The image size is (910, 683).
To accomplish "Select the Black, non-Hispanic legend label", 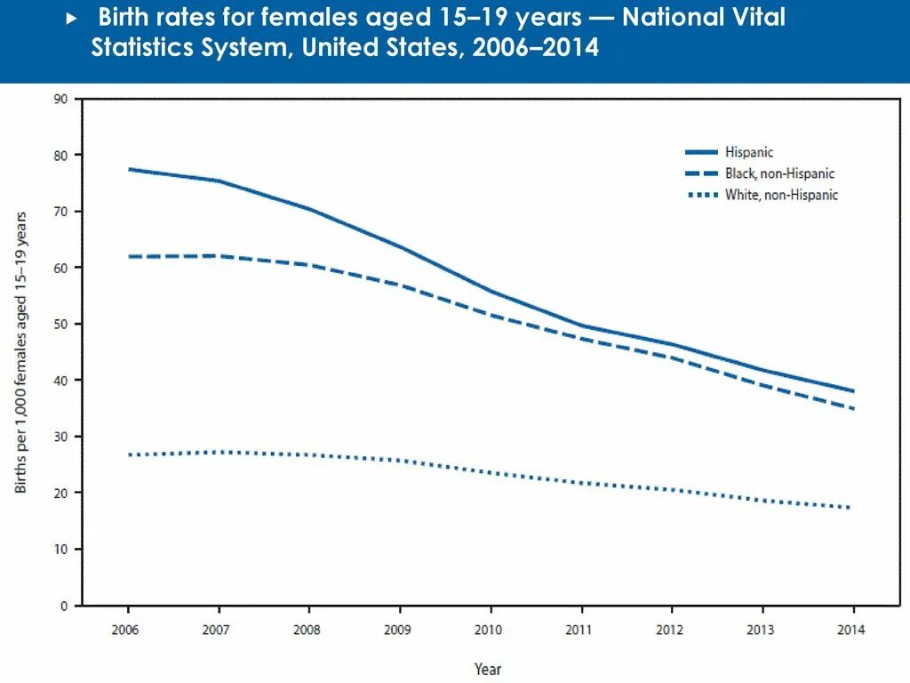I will [x=779, y=174].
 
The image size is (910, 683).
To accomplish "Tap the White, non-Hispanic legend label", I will [x=781, y=195].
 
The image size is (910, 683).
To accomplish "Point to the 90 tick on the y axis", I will [x=61, y=99].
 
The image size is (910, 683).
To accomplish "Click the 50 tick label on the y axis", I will [x=61, y=324].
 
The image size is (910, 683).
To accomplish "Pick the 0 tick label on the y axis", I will [x=64, y=606].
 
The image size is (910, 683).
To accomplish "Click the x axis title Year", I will [x=488, y=669].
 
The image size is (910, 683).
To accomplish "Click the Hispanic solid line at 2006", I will [x=129, y=169].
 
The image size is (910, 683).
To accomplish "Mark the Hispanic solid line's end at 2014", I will [x=853, y=391].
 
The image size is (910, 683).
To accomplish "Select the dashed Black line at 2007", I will [x=219, y=256].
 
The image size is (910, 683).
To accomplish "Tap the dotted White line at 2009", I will [x=400, y=461].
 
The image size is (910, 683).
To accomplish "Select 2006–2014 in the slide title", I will [x=536, y=48].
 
